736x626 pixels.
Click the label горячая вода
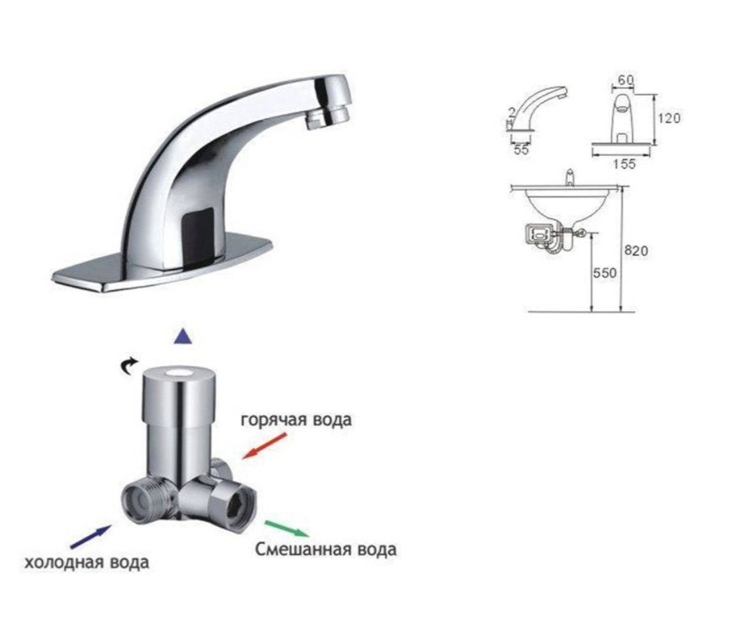coord(296,419)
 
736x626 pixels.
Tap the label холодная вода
coord(87,562)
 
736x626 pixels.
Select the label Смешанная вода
coord(326,549)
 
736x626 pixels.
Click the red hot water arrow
coord(264,446)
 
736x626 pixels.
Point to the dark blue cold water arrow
coord(91,536)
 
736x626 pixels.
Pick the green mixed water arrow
coord(287,528)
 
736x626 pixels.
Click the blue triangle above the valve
coord(183,336)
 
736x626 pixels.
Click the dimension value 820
coord(636,251)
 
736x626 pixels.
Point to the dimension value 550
coord(605,272)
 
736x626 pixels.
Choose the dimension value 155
coord(624,164)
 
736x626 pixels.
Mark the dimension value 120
coord(669,118)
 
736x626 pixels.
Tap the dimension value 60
coord(625,80)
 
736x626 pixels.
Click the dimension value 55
coord(521,150)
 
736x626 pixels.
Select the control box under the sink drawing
coord(540,234)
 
